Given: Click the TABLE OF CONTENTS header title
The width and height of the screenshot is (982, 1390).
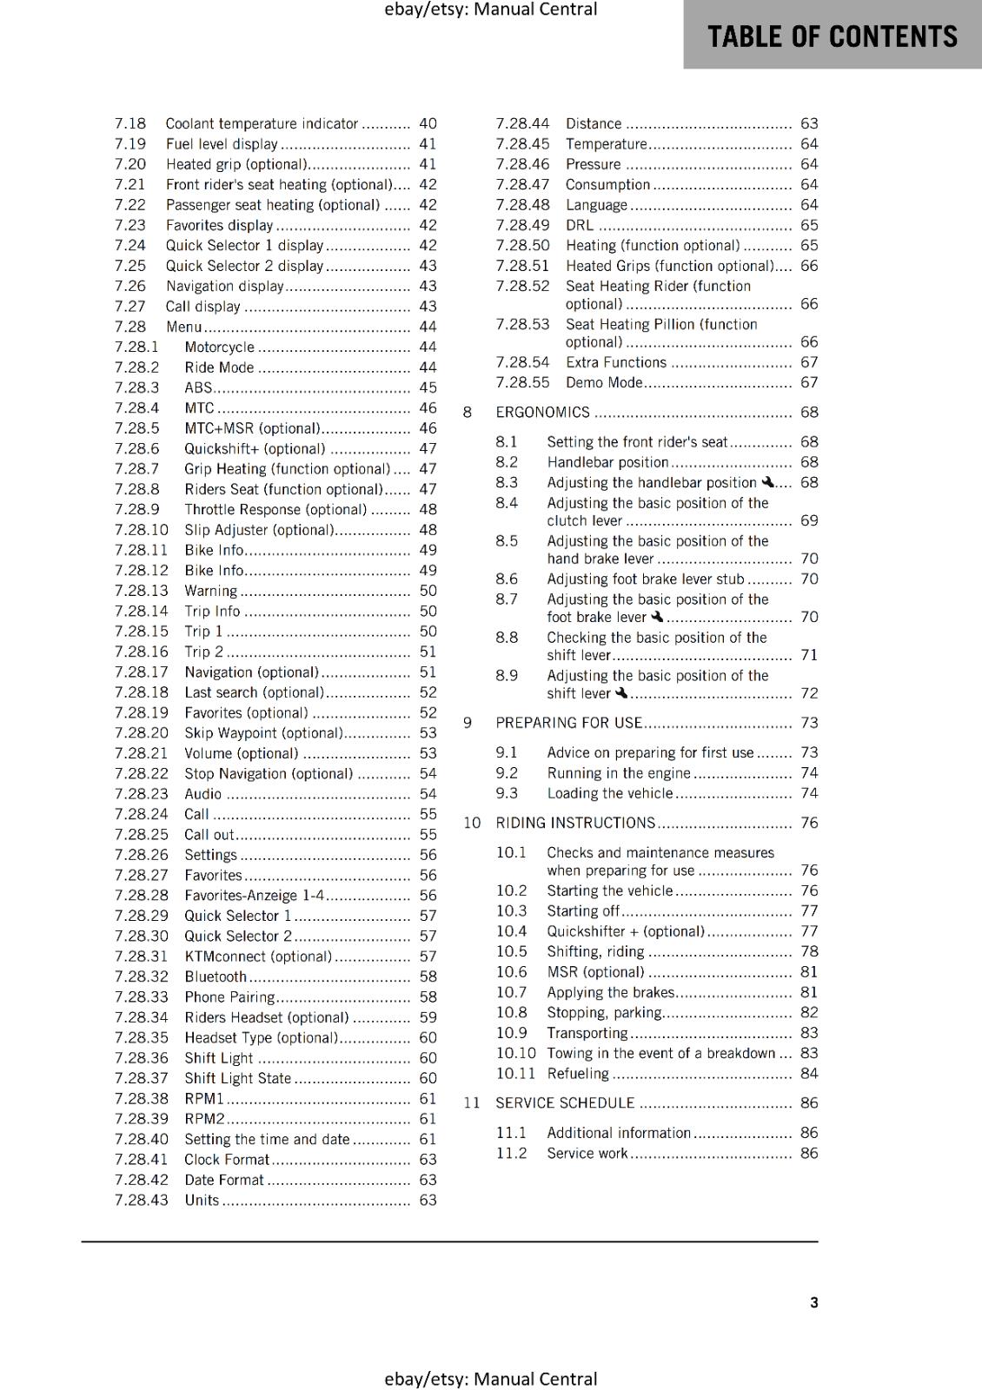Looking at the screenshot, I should (x=832, y=36).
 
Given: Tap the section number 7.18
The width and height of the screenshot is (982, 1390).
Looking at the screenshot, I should (x=130, y=123).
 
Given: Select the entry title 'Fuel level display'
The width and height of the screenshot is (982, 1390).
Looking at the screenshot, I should (x=222, y=144).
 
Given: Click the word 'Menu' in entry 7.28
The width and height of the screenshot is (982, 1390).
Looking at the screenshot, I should (x=183, y=327).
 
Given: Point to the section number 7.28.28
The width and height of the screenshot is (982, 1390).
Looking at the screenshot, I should (x=141, y=896).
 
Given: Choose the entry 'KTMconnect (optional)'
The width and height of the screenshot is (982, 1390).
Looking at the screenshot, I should (x=258, y=956).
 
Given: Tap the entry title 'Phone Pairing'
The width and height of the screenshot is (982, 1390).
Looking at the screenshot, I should (x=229, y=997).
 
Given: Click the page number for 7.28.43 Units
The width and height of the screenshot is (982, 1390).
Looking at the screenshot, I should (x=428, y=1201).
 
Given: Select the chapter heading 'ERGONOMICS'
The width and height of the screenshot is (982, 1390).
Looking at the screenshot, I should (x=542, y=413).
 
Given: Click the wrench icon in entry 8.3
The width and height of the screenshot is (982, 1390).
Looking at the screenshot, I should (x=767, y=482).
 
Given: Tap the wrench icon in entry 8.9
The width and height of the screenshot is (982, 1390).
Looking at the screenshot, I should (x=621, y=693).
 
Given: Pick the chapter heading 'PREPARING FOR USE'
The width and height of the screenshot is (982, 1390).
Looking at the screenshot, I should (x=568, y=723).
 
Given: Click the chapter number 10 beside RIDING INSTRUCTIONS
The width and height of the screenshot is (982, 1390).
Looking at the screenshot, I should (x=471, y=823).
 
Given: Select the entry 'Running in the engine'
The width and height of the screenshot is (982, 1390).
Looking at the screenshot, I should (x=618, y=773).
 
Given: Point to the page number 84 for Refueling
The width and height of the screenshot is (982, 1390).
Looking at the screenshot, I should (x=809, y=1074).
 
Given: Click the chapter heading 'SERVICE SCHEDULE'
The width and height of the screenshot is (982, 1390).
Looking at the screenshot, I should (x=565, y=1103).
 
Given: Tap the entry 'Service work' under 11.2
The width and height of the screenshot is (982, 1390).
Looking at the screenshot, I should (x=587, y=1154).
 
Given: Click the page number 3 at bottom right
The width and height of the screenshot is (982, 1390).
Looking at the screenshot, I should (x=813, y=1302).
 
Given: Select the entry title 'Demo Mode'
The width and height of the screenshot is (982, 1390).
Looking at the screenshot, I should (x=604, y=383).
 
